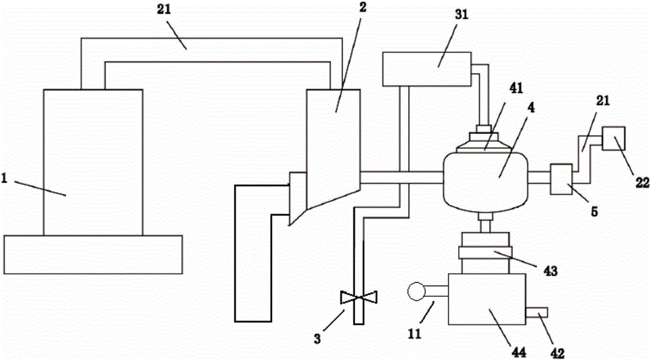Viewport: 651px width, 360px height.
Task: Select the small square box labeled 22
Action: point(614,137)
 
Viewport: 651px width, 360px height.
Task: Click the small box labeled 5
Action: point(561,178)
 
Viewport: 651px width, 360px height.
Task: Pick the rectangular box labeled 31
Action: point(426,68)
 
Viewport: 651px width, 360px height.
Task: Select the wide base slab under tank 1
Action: point(92,254)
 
